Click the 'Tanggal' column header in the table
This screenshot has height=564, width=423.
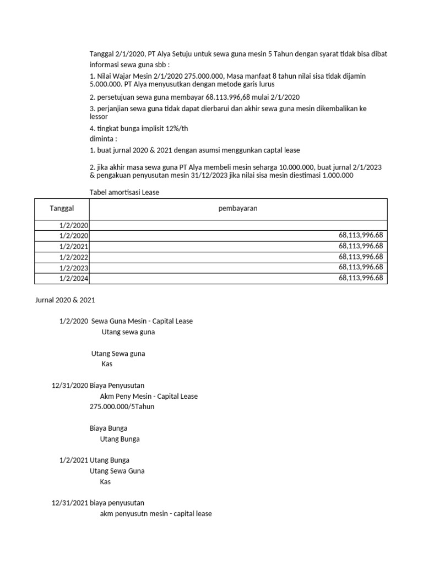[x=62, y=209]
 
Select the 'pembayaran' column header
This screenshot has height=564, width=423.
[x=238, y=209]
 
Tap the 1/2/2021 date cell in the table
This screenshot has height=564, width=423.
[x=74, y=246]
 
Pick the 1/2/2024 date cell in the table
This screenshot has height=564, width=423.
[x=74, y=278]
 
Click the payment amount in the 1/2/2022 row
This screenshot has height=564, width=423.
[x=361, y=257]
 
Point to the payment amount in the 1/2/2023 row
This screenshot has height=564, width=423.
[x=361, y=267]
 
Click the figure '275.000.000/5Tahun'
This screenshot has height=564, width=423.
[x=122, y=406]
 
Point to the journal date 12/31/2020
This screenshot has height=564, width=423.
[x=69, y=386]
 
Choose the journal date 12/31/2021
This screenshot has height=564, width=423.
[x=69, y=503]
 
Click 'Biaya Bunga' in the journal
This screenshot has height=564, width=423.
[x=108, y=428]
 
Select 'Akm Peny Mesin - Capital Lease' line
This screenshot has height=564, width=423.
[x=149, y=396]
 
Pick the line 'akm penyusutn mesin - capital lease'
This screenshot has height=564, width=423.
[x=156, y=514]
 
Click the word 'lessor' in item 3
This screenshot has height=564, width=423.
[x=99, y=117]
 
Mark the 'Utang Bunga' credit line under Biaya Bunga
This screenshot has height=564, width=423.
[x=120, y=439]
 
